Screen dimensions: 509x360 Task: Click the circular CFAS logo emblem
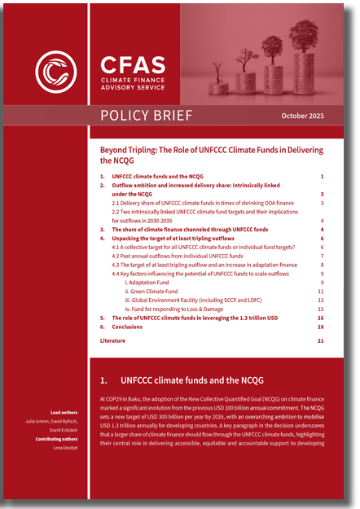click(56, 71)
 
